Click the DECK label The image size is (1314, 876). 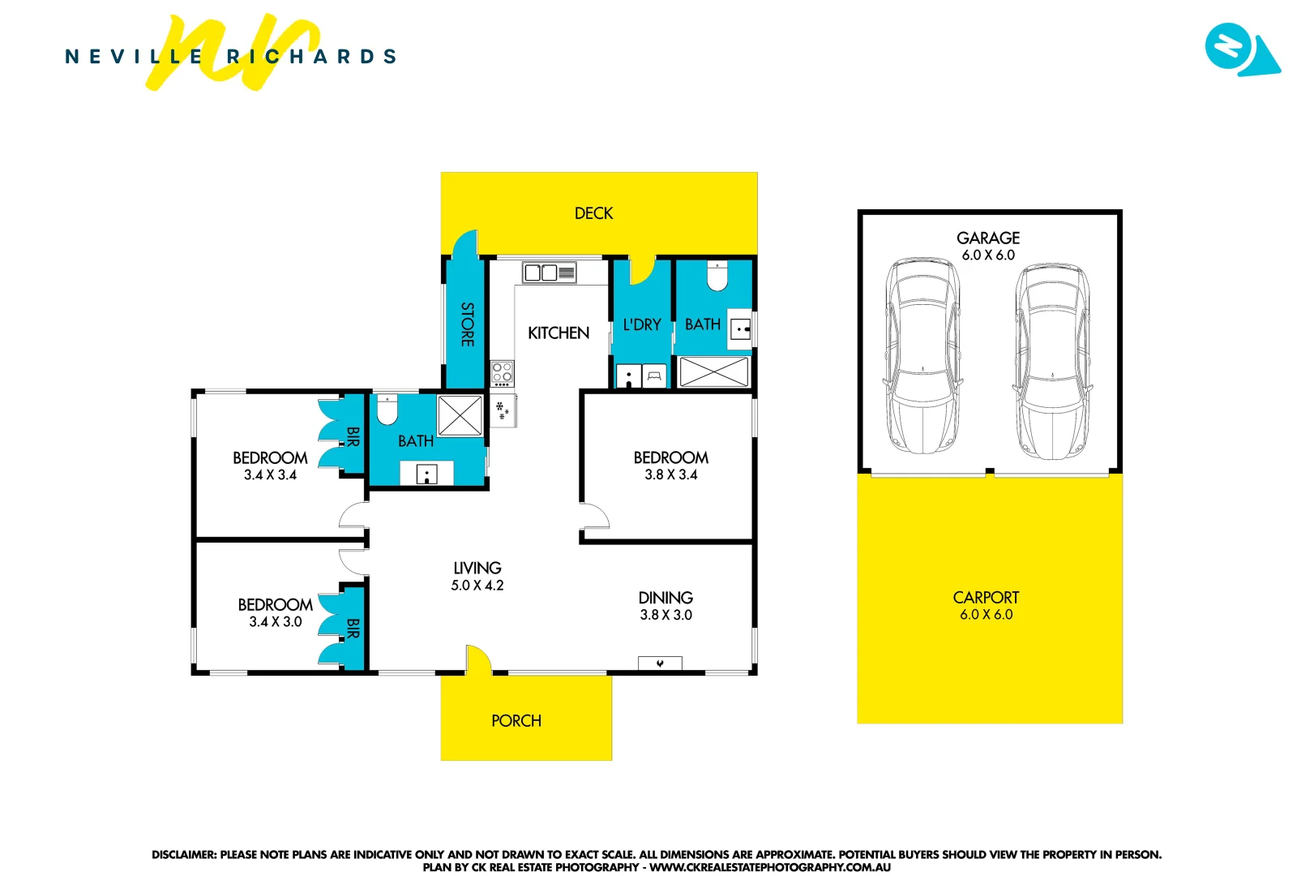tap(593, 213)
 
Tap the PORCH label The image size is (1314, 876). tap(516, 721)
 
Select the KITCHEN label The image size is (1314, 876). tap(559, 333)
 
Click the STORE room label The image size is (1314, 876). tap(467, 324)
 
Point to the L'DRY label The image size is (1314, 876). tap(642, 325)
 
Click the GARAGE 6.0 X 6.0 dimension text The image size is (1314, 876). tap(988, 255)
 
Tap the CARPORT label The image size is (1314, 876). tap(986, 598)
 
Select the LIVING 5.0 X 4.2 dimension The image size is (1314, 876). tap(477, 586)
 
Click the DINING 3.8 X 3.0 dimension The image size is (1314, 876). tap(666, 616)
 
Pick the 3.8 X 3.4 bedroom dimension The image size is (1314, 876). tap(671, 475)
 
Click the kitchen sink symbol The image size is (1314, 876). tap(549, 273)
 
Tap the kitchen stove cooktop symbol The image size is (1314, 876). tap(503, 373)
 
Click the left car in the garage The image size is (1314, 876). tap(923, 356)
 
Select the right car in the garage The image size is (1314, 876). tap(1052, 361)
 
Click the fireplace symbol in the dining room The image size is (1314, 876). tap(660, 663)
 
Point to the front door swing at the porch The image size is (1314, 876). tap(477, 659)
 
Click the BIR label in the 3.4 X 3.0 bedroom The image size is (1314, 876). tap(353, 629)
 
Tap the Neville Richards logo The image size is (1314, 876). tap(231, 55)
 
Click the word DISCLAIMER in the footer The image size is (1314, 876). tap(183, 855)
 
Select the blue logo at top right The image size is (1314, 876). tap(1240, 49)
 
